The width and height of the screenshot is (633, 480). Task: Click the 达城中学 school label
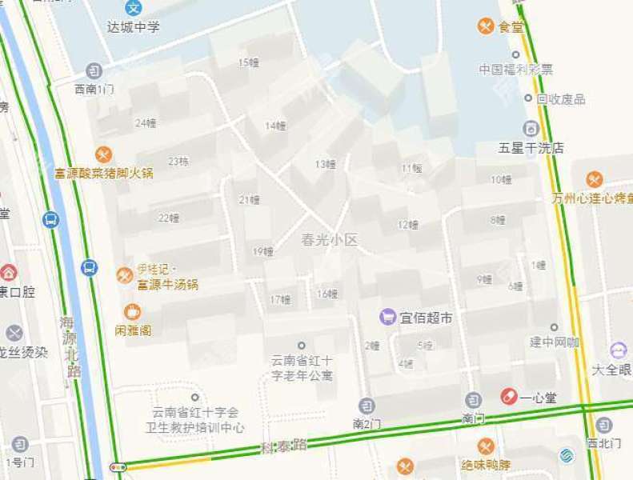point(134,27)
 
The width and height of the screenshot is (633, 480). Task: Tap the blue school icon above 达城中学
point(134,8)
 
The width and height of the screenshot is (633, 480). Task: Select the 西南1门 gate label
point(94,89)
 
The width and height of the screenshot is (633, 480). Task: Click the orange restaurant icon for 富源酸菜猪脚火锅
point(103,154)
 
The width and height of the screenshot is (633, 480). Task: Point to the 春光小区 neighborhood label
point(329,239)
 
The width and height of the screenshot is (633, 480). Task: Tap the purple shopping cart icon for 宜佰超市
point(388,318)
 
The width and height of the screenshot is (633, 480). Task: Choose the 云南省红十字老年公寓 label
point(302,370)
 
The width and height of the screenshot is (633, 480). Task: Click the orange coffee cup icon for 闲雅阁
point(133,312)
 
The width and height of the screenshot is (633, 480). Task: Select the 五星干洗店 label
point(531,147)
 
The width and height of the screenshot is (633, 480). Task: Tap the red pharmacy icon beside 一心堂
point(508,397)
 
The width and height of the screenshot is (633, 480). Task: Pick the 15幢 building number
point(249,62)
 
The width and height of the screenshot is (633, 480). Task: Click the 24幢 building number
point(146,122)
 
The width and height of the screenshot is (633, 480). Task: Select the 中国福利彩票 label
point(516,70)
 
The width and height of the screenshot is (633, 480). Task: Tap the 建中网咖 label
point(555,342)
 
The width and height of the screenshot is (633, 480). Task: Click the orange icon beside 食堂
point(485,26)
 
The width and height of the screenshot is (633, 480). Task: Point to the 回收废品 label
point(561,99)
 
